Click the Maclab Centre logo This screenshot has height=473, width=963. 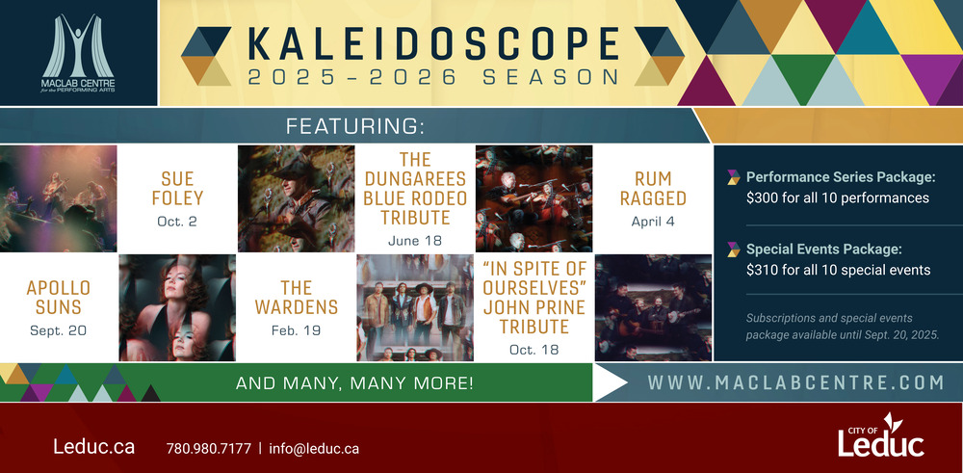[x=78, y=53]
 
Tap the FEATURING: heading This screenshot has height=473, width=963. [x=355, y=126]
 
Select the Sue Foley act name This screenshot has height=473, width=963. [x=178, y=189]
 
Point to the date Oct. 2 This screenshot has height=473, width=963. [x=177, y=222]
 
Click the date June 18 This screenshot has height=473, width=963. [x=414, y=241]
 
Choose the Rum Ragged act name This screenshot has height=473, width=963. [x=653, y=189]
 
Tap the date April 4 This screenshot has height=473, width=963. [x=653, y=222]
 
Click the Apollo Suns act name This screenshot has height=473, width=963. [x=59, y=298]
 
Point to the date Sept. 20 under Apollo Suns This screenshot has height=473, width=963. [x=59, y=330]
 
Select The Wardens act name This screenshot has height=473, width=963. [x=297, y=298]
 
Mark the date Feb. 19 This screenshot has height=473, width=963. [x=296, y=330]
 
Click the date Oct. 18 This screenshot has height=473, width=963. [x=534, y=350]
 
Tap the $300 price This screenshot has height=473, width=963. [x=762, y=198]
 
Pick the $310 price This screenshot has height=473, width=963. [x=762, y=271]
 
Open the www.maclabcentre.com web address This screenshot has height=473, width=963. [x=795, y=382]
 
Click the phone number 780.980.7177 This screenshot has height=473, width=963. [x=209, y=448]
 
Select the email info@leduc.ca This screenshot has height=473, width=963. [x=314, y=448]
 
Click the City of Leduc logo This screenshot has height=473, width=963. [x=881, y=435]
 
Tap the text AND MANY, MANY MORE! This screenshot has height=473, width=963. [x=354, y=383]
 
